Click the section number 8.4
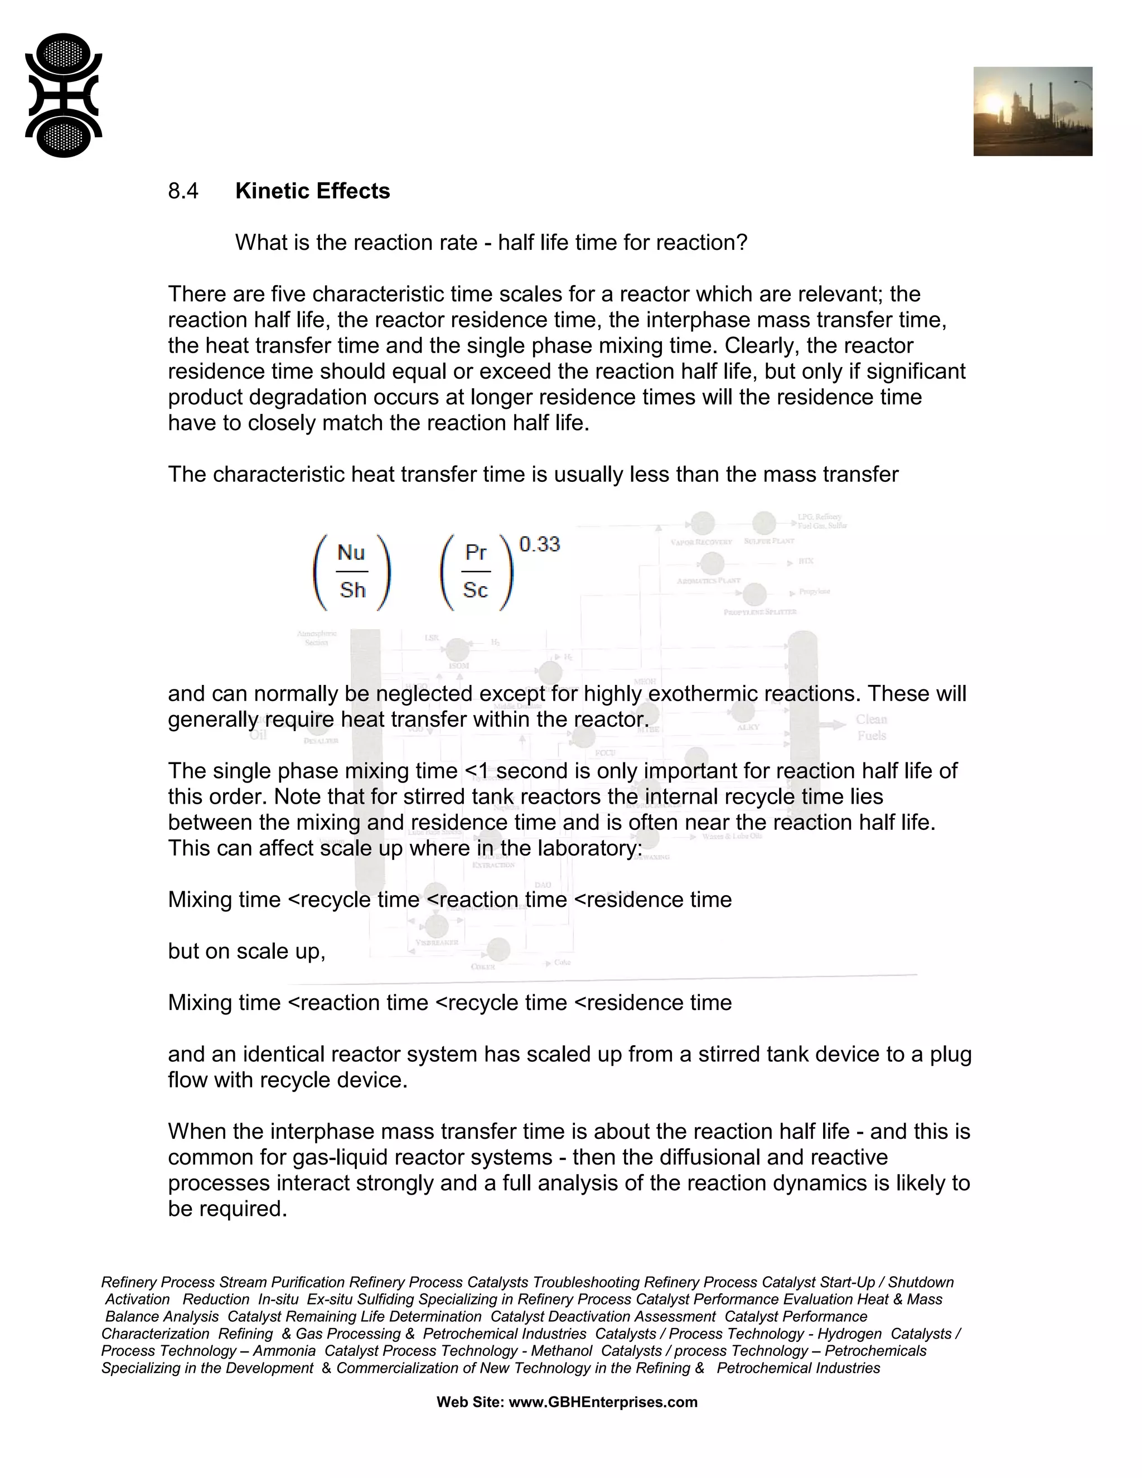click(x=183, y=191)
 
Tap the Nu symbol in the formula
click(x=351, y=553)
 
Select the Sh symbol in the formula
click(x=352, y=590)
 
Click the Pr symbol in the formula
click(x=476, y=553)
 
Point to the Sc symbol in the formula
click(x=475, y=590)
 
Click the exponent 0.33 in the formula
click(x=539, y=544)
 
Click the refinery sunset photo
click(x=1032, y=112)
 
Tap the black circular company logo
click(x=63, y=95)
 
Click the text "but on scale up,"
click(x=246, y=951)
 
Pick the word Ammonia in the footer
click(x=284, y=1351)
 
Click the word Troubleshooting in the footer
click(x=586, y=1282)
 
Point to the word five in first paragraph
click(x=289, y=294)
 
